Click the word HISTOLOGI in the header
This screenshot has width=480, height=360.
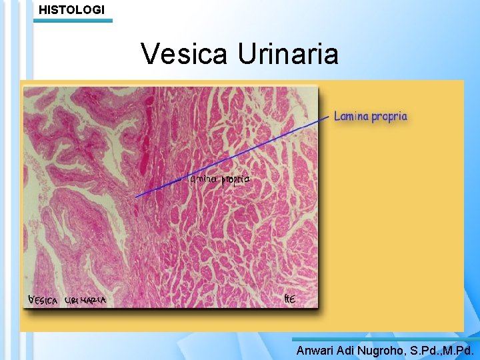tap(71, 9)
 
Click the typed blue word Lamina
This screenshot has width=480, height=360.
tap(351, 117)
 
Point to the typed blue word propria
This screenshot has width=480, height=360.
tap(389, 117)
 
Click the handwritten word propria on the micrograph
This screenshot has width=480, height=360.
tap(236, 180)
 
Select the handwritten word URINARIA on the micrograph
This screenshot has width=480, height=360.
tap(85, 301)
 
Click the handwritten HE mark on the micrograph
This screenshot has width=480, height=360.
tap(289, 299)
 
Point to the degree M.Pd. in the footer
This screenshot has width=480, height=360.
tap(461, 350)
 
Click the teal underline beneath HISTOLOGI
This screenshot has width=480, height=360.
tap(73, 21)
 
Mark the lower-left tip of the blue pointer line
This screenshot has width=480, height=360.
tap(136, 197)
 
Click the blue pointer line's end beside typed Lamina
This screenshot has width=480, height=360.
tap(329, 116)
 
